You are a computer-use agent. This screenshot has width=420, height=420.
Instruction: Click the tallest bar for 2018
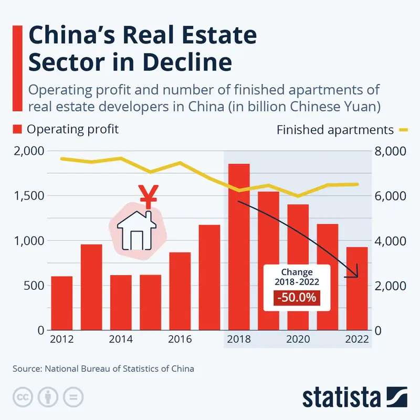(x=239, y=247)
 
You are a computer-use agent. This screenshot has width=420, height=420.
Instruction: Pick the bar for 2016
(x=180, y=291)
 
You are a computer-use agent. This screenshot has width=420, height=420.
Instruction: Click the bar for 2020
(x=298, y=268)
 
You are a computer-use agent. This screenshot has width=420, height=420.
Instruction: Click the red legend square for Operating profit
(x=17, y=129)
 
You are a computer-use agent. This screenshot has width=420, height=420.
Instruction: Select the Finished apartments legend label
(x=334, y=130)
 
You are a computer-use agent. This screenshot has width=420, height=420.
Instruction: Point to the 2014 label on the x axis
(x=121, y=339)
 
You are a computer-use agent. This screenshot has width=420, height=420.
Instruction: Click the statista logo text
(x=340, y=397)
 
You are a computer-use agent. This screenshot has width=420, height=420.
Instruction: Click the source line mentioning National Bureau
(x=103, y=369)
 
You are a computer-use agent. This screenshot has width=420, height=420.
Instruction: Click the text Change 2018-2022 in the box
(x=297, y=277)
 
